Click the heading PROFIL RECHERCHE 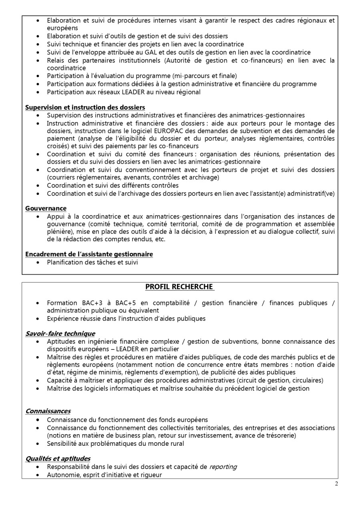(179, 287)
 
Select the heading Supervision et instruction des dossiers (85, 107)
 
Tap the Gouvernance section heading (46, 208)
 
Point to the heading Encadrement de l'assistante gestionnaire (89, 254)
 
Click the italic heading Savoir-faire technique (60, 333)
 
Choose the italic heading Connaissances (48, 411)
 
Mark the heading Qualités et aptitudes (58, 459)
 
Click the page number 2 (336, 483)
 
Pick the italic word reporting (223, 467)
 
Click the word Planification (64, 262)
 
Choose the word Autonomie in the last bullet (63, 475)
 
